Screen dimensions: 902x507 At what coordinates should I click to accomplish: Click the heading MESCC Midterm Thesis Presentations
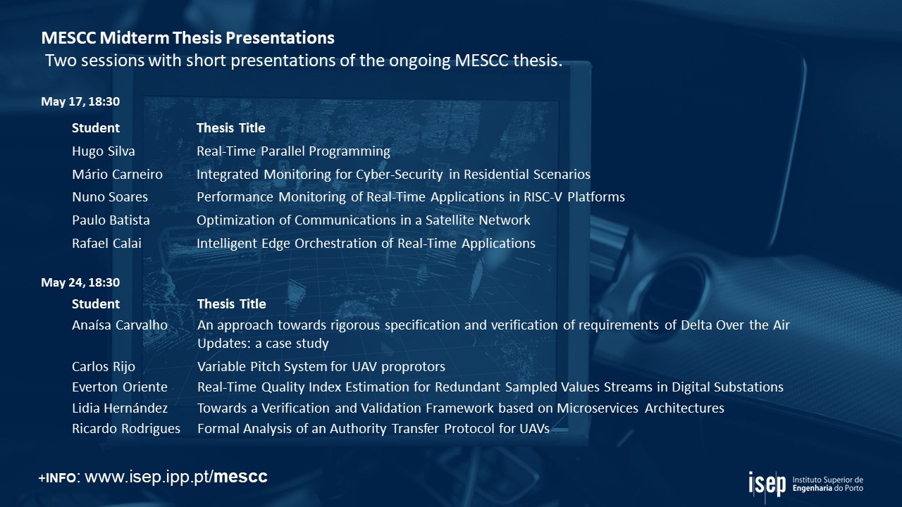[x=187, y=38]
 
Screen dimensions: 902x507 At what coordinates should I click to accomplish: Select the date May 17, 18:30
[x=80, y=101]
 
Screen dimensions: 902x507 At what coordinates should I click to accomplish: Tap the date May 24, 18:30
[x=80, y=282]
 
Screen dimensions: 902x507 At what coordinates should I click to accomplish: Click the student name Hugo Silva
[x=104, y=151]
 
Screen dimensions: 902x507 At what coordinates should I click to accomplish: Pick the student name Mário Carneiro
[x=117, y=174]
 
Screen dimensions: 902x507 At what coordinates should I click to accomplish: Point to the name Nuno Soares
[x=110, y=197]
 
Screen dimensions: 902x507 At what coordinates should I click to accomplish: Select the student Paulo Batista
[x=111, y=220]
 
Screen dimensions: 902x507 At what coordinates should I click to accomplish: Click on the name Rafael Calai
[x=106, y=244]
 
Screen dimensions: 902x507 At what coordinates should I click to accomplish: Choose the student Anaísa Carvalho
[x=120, y=325]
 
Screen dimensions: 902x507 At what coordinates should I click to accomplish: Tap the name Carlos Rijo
[x=104, y=367]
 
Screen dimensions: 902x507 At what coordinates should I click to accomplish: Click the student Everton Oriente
[x=120, y=387]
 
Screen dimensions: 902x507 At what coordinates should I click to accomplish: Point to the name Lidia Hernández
[x=120, y=408]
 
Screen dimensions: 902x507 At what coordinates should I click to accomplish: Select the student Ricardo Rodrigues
[x=126, y=429]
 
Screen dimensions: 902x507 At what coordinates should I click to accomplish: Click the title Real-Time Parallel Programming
[x=293, y=151]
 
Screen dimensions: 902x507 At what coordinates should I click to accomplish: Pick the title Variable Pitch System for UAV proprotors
[x=321, y=367]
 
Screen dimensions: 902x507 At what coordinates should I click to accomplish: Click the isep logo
[x=767, y=484]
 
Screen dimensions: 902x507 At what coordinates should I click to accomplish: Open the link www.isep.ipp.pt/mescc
[x=176, y=477]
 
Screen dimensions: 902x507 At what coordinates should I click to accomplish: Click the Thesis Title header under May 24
[x=232, y=303]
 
